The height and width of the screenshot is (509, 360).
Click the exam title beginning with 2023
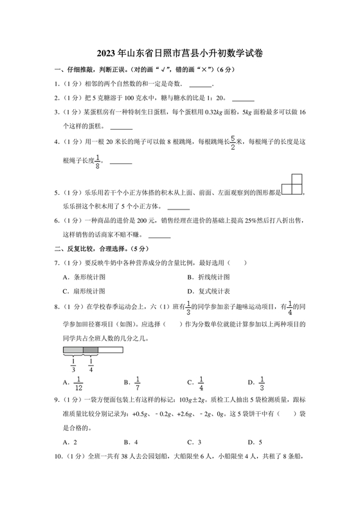click(x=179, y=55)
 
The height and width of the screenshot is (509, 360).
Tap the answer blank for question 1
click(x=201, y=85)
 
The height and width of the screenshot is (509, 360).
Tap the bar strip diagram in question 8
click(x=93, y=350)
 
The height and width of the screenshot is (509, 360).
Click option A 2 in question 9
click(x=70, y=442)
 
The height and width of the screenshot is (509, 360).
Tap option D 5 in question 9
click(x=255, y=442)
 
